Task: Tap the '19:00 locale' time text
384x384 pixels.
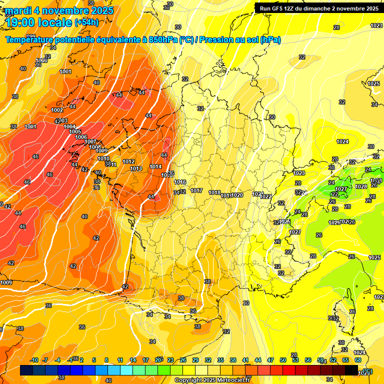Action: tap(39, 22)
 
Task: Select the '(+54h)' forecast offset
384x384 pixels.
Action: tap(86, 22)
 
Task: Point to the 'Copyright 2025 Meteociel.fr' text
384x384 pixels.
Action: tap(212, 380)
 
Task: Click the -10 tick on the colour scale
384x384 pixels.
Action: tap(34, 360)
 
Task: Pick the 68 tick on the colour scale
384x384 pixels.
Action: tap(358, 360)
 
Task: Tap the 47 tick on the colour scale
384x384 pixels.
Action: tap(270, 360)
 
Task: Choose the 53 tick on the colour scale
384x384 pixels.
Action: tap(295, 360)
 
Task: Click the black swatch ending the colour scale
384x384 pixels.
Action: tap(351, 370)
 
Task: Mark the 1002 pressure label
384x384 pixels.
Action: tap(57, 110)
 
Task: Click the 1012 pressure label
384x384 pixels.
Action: tap(128, 161)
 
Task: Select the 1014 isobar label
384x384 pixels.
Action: tap(155, 166)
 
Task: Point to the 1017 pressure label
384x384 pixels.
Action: tap(196, 190)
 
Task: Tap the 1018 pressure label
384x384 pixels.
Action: tap(214, 192)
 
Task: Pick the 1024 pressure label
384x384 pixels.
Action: tap(342, 141)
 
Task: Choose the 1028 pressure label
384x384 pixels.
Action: tap(360, 186)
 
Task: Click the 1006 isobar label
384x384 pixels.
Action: tap(81, 137)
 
